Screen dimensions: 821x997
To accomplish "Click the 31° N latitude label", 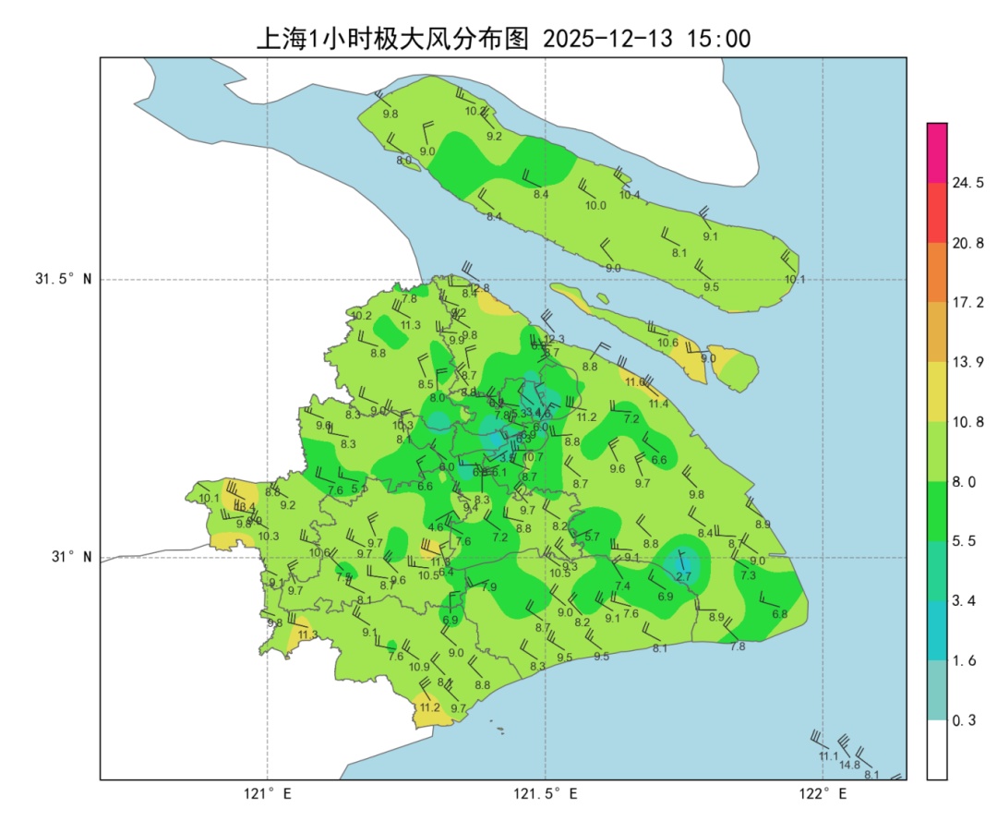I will click(x=70, y=558).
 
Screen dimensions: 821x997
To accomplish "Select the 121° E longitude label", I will click(x=268, y=793).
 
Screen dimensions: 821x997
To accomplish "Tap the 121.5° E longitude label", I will click(x=546, y=793).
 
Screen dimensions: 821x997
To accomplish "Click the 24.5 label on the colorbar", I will click(x=967, y=184).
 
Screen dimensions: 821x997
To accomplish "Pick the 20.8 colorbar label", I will click(x=967, y=244).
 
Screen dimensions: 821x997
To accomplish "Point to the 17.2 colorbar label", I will click(x=967, y=303).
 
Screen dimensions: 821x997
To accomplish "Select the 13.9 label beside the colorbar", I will click(x=967, y=363).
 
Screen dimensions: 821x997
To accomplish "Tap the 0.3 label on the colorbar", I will click(x=964, y=720).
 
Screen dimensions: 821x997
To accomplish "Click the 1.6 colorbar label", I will click(x=964, y=661).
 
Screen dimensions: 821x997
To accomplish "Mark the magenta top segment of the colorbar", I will click(x=937, y=152).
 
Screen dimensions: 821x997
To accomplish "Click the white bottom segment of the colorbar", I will click(x=937, y=749).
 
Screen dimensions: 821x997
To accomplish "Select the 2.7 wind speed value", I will click(x=683, y=576).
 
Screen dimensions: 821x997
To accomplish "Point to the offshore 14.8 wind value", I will click(x=849, y=765).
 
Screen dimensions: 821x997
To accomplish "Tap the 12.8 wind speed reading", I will click(x=480, y=289).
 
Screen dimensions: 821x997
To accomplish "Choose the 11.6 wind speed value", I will click(x=635, y=382).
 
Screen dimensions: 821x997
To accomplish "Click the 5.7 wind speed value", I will click(x=593, y=537).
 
